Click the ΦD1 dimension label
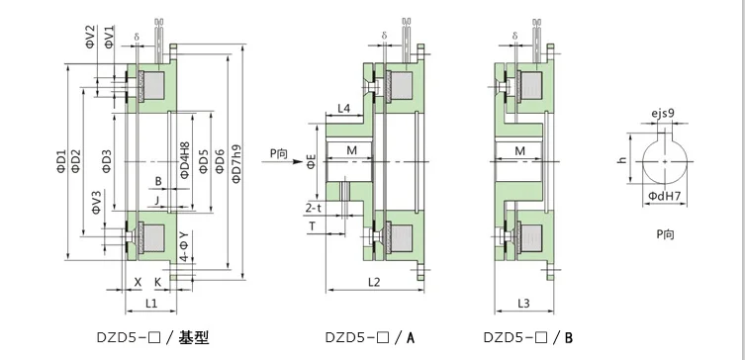point(61,161)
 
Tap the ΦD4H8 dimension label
point(185,160)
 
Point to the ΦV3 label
point(96,203)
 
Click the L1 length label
point(151,304)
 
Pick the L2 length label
point(374,282)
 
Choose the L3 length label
point(523,304)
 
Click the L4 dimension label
point(344,108)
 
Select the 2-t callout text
point(313,209)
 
